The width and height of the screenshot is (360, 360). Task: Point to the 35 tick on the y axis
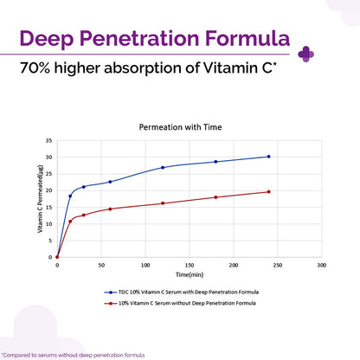pyautogui.click(x=49, y=140)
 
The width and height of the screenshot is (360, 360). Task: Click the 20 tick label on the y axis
pyautogui.click(x=49, y=190)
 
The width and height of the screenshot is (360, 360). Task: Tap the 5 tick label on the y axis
pyautogui.click(x=51, y=241)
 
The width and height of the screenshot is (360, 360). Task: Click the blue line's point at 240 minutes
pyautogui.click(x=268, y=157)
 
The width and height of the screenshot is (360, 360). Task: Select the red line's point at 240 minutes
pyautogui.click(x=268, y=192)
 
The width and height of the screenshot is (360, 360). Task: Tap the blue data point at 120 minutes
pyautogui.click(x=163, y=168)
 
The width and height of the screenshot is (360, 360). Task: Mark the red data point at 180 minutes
pyautogui.click(x=215, y=197)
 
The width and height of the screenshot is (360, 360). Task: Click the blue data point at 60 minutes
pyautogui.click(x=110, y=182)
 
